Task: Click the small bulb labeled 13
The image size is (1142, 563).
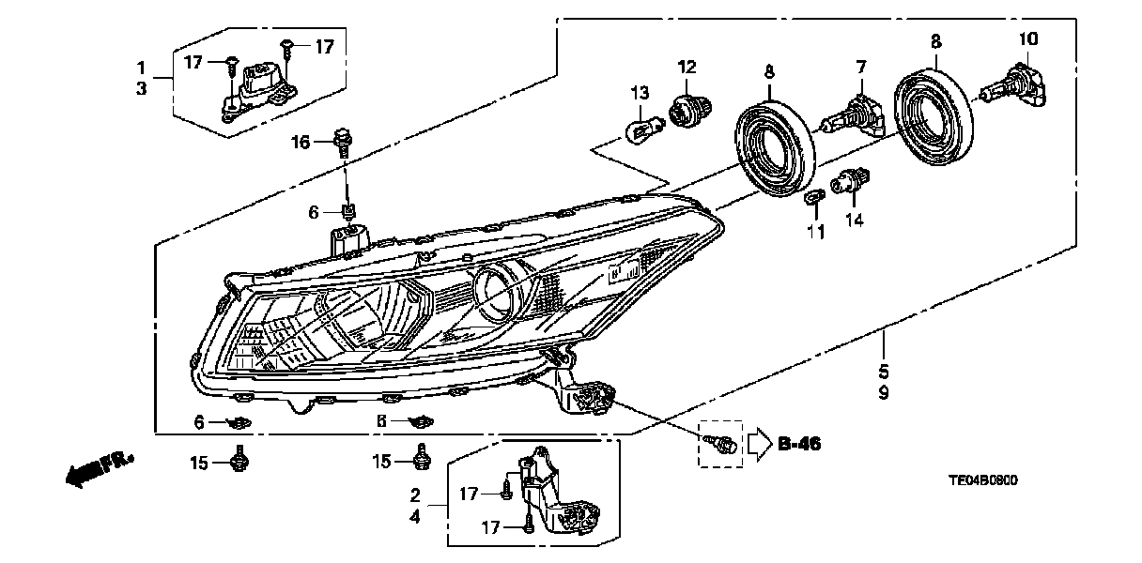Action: pos(640,125)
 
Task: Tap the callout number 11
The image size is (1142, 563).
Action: pos(815,232)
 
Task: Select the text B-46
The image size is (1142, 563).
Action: pos(799,444)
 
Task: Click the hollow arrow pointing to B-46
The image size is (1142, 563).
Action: pos(757,443)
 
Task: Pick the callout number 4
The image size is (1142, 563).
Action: pos(415,513)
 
